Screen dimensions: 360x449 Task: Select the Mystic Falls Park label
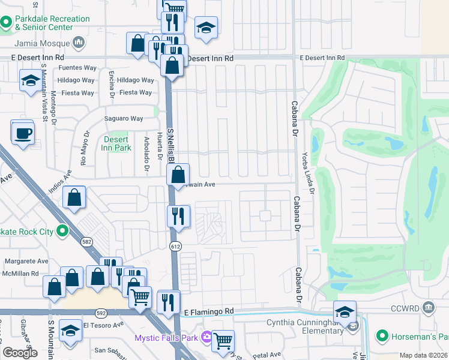pos(166,338)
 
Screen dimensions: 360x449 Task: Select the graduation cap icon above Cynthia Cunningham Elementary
pos(345,312)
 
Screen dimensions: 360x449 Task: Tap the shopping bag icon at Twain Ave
pos(178,175)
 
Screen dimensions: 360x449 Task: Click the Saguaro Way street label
pos(125,119)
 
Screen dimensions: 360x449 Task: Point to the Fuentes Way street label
pos(76,68)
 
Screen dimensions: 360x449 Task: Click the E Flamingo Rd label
pos(208,312)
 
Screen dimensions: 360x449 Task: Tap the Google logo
pos(20,353)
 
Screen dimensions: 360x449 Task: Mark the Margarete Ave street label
pos(26,262)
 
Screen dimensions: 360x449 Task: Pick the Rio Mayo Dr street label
pos(85,149)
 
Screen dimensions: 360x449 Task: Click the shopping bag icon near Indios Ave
pos(74,198)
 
